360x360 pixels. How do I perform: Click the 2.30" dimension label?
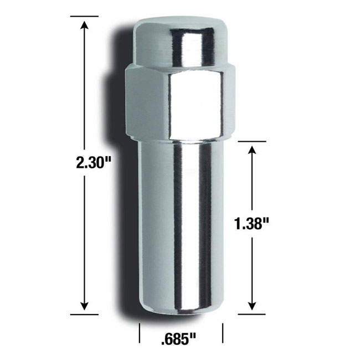94,163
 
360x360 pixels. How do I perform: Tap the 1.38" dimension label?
251,224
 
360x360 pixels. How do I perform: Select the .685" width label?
179,339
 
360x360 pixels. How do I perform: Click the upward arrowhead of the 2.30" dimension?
85,25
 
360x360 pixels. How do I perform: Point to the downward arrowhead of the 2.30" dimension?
85,305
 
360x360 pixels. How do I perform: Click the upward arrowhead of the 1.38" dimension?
253,151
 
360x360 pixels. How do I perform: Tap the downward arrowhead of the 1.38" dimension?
253,305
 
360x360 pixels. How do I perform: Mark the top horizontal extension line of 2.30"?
84,16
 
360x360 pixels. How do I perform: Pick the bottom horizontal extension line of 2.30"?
84,315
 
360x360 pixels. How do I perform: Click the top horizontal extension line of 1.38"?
252,141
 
